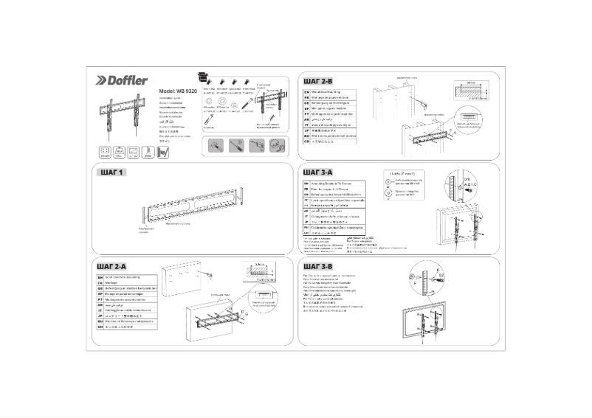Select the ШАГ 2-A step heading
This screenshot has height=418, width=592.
point(111,265)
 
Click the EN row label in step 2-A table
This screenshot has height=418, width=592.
point(100,277)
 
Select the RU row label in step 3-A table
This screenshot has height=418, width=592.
point(306,228)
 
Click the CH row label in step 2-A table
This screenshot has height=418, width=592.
point(100,330)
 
